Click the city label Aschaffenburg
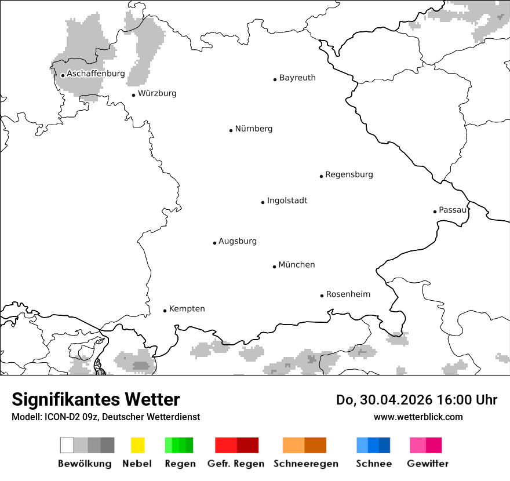(96, 74)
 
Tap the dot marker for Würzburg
(133, 95)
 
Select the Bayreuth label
(297, 78)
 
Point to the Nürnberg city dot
(231, 130)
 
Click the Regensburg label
(349, 174)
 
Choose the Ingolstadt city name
(287, 201)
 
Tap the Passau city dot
(435, 212)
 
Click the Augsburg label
(238, 241)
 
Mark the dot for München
(274, 267)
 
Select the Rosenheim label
(348, 294)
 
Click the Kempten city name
(187, 309)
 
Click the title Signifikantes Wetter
(96, 400)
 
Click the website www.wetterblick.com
(418, 417)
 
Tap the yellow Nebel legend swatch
(137, 445)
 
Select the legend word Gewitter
(428, 464)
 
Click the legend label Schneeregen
(306, 464)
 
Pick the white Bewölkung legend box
(67, 445)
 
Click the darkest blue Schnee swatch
(385, 445)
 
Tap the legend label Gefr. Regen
(236, 464)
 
